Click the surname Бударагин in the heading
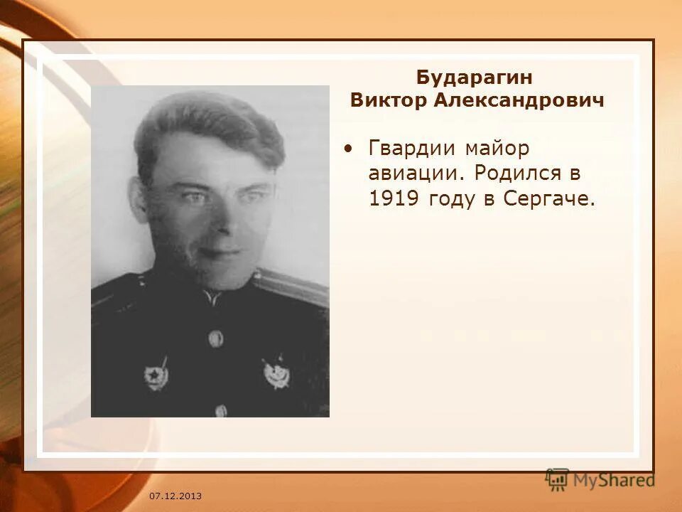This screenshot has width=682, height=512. coord(474,77)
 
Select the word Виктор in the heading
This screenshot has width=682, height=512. coord(387,100)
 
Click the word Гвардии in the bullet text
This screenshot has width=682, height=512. coord(414,149)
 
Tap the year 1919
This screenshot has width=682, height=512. coord(395,198)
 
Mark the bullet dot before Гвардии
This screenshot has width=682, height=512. coord(347,149)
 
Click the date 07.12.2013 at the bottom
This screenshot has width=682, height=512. coord(175,495)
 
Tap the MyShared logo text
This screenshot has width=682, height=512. coord(614,480)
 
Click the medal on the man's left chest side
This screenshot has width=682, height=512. coord(276,373)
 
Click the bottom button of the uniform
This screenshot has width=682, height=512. coord(221,410)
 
